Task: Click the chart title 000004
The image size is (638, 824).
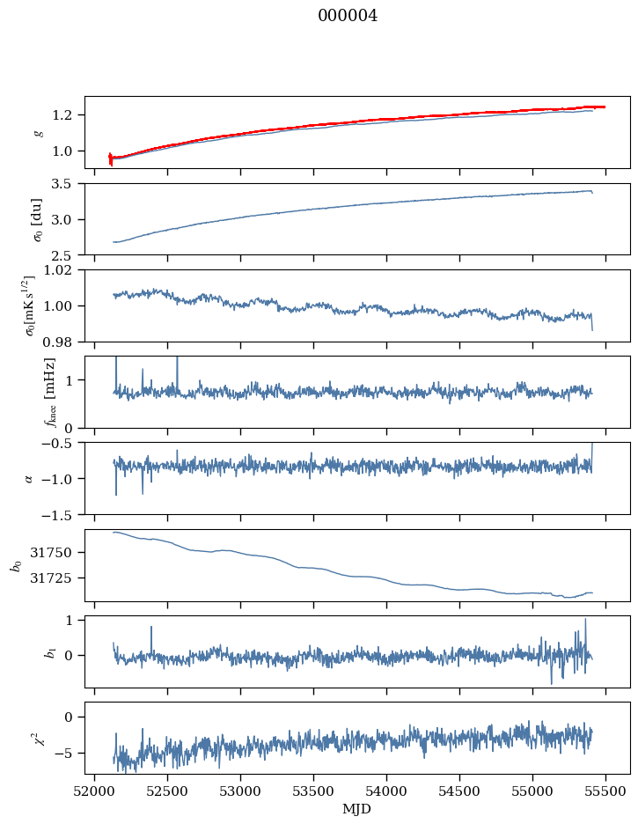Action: pyautogui.click(x=348, y=16)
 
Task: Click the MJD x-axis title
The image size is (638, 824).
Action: pyautogui.click(x=357, y=808)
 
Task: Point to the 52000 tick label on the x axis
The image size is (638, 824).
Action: pyautogui.click(x=95, y=790)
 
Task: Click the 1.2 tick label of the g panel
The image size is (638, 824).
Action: pyautogui.click(x=67, y=115)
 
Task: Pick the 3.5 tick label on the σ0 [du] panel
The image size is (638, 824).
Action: pyautogui.click(x=67, y=184)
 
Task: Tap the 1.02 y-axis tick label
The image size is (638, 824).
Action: pyautogui.click(x=62, y=270)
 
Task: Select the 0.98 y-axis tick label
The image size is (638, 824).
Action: pyautogui.click(x=62, y=342)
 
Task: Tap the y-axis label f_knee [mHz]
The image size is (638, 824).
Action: pyautogui.click(x=48, y=393)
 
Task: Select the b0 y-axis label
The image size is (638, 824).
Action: pyautogui.click(x=16, y=565)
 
